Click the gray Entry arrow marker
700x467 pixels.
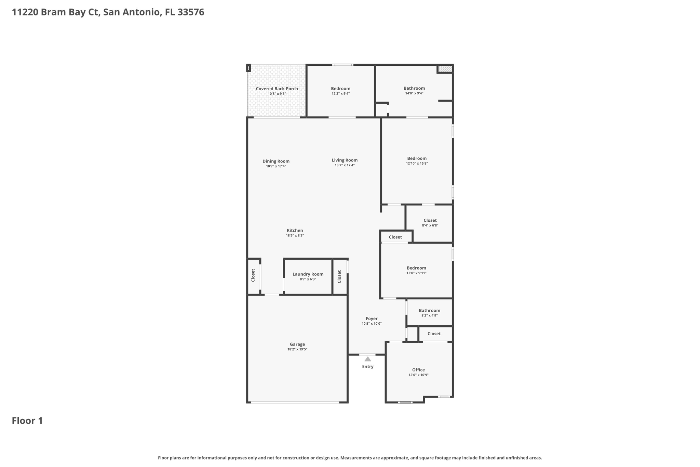click(x=368, y=359)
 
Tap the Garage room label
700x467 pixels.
click(x=297, y=344)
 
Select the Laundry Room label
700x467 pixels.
click(x=308, y=274)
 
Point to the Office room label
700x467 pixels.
click(x=418, y=369)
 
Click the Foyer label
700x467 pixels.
click(x=372, y=319)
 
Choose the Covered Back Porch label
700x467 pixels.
click(x=277, y=89)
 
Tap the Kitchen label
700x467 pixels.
click(x=295, y=231)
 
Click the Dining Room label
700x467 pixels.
click(x=276, y=161)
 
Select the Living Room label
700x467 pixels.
click(x=345, y=160)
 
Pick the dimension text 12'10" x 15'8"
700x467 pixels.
click(x=417, y=164)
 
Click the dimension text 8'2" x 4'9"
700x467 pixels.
click(x=430, y=315)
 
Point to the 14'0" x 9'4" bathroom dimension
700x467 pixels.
click(x=414, y=93)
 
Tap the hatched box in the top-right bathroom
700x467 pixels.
click(x=445, y=69)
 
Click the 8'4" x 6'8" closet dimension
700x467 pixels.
click(x=430, y=225)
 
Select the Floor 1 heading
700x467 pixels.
click(x=27, y=420)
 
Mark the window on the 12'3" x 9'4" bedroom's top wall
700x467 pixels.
click(x=343, y=65)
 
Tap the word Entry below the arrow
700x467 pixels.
click(x=368, y=366)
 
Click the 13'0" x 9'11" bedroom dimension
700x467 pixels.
click(x=417, y=273)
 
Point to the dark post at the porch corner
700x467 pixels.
click(x=249, y=68)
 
